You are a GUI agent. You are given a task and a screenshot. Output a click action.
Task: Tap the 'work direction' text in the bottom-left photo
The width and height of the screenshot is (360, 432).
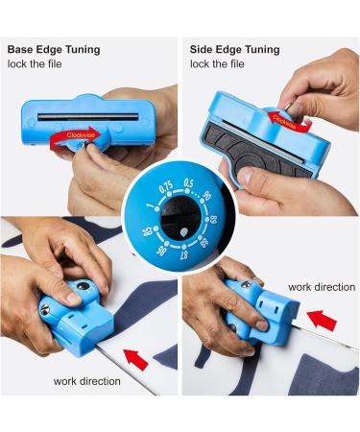(88, 381)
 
